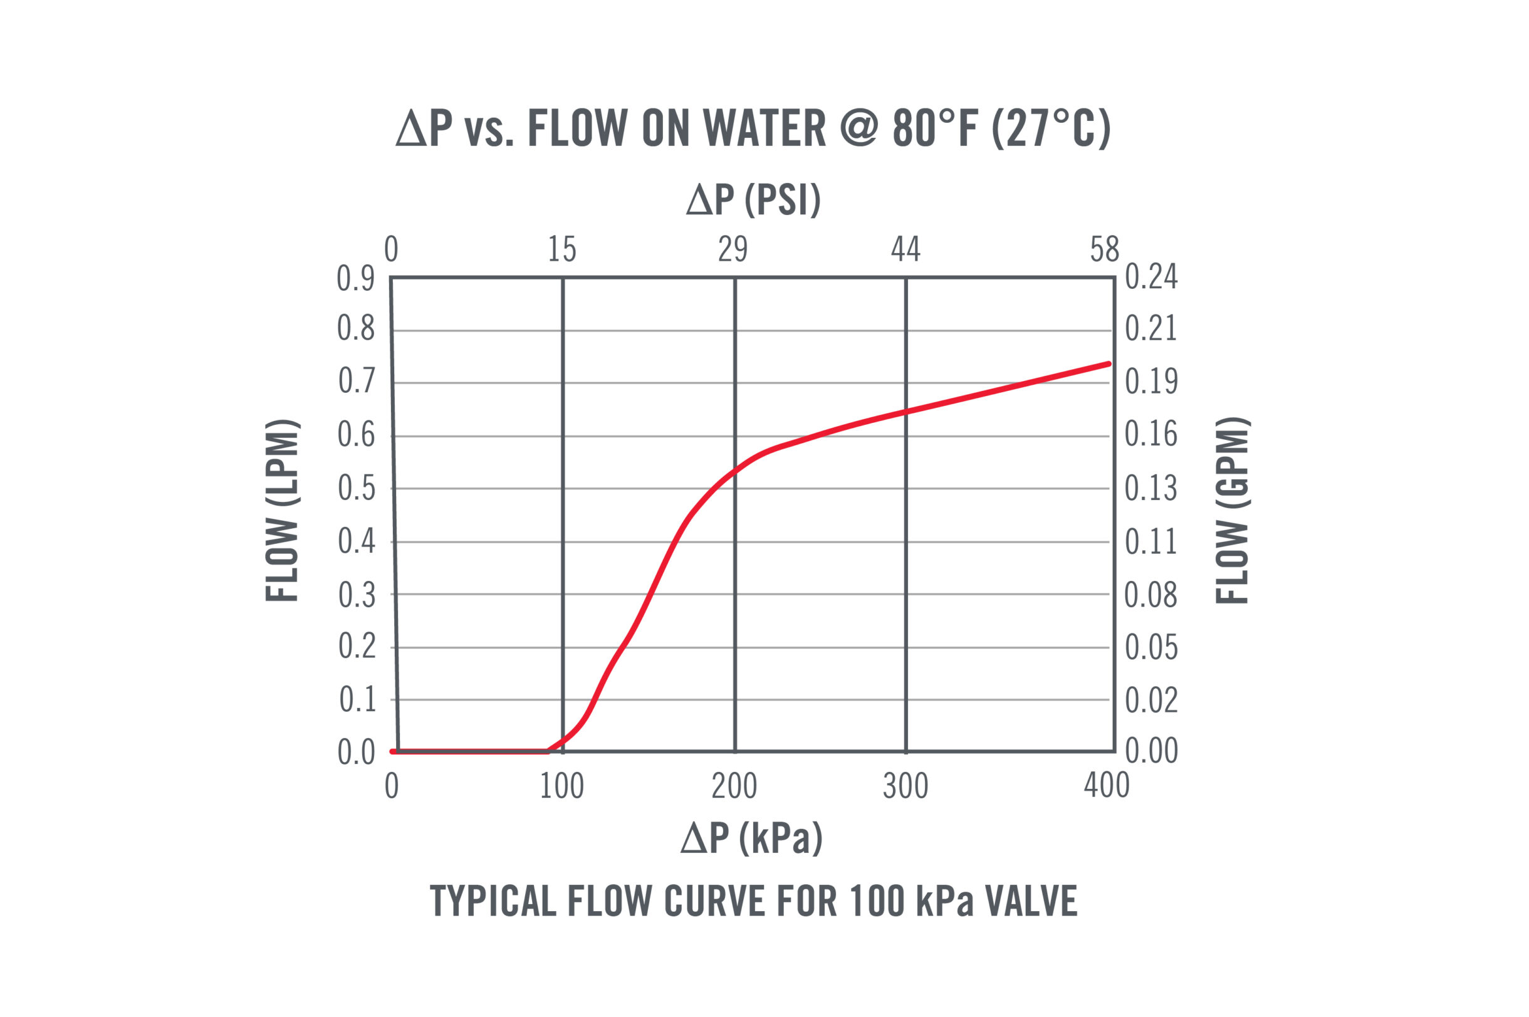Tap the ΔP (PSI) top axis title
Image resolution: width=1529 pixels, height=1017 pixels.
click(x=753, y=199)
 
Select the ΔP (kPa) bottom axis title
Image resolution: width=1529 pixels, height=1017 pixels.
click(x=751, y=837)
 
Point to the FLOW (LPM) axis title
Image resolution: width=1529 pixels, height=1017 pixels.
click(x=282, y=511)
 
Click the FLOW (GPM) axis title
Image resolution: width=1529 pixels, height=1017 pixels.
click(x=1231, y=511)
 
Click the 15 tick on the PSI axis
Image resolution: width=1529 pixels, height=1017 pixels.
click(x=561, y=249)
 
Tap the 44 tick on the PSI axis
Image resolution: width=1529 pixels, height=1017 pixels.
click(x=905, y=249)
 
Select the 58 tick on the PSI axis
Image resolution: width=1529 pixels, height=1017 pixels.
click(x=1104, y=249)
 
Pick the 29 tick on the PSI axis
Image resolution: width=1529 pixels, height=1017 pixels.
click(x=733, y=249)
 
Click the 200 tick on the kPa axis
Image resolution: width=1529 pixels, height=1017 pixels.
click(x=734, y=787)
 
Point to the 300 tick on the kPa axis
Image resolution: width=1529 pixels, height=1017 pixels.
click(x=905, y=787)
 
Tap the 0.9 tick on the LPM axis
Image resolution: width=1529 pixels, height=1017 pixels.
click(x=356, y=279)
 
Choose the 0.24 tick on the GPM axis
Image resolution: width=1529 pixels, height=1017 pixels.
click(x=1151, y=278)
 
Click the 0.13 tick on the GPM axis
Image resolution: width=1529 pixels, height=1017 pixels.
click(x=1151, y=488)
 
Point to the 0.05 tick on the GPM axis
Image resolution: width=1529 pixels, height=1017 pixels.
click(x=1151, y=647)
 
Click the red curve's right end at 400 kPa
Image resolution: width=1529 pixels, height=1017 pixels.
click(x=1109, y=364)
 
